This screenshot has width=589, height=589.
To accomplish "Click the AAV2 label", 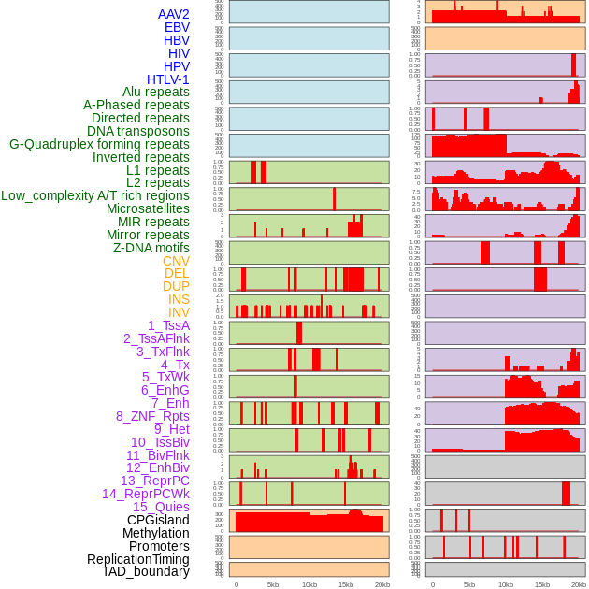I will [x=173, y=14].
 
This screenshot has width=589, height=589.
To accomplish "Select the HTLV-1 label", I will [x=167, y=79].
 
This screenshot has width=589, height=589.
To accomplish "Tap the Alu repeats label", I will [x=155, y=92].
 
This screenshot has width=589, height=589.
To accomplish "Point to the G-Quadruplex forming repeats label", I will [x=99, y=144].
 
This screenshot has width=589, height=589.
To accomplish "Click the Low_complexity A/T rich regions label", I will [x=94, y=195].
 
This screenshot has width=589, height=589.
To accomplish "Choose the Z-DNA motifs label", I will [x=151, y=248].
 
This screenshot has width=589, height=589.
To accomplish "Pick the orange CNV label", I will [x=176, y=261].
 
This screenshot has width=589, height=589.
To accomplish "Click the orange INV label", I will [x=179, y=312].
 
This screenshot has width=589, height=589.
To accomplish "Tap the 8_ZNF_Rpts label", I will [x=152, y=416].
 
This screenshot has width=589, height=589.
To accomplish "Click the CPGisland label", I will [x=158, y=520].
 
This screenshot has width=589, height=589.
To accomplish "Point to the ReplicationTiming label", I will [x=138, y=559].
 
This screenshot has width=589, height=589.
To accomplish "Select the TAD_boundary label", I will [x=145, y=571].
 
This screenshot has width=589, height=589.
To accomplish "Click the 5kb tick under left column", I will [x=273, y=584].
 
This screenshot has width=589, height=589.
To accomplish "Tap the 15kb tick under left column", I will [x=346, y=584].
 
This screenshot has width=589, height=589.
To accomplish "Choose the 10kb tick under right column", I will [x=506, y=584].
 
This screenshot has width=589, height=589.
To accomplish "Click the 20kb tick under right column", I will [x=579, y=584].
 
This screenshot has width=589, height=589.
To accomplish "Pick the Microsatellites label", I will [x=148, y=208].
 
